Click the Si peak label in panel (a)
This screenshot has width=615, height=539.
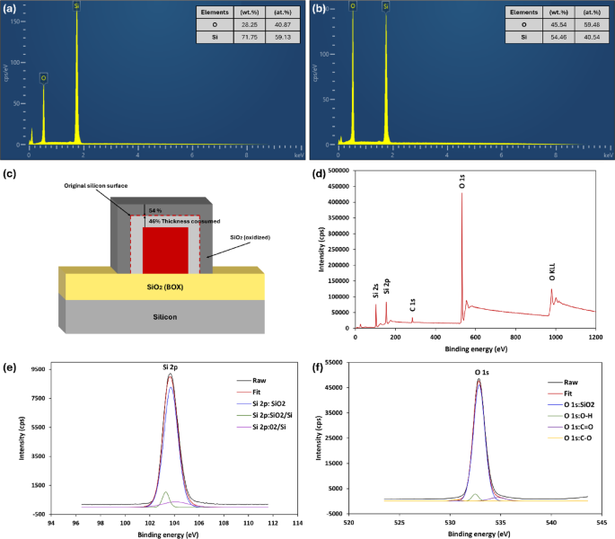tap(77, 5)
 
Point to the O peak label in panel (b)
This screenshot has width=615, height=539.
tap(353, 5)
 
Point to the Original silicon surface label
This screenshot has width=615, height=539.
tap(95, 185)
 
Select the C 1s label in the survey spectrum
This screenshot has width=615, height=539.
tap(412, 304)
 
